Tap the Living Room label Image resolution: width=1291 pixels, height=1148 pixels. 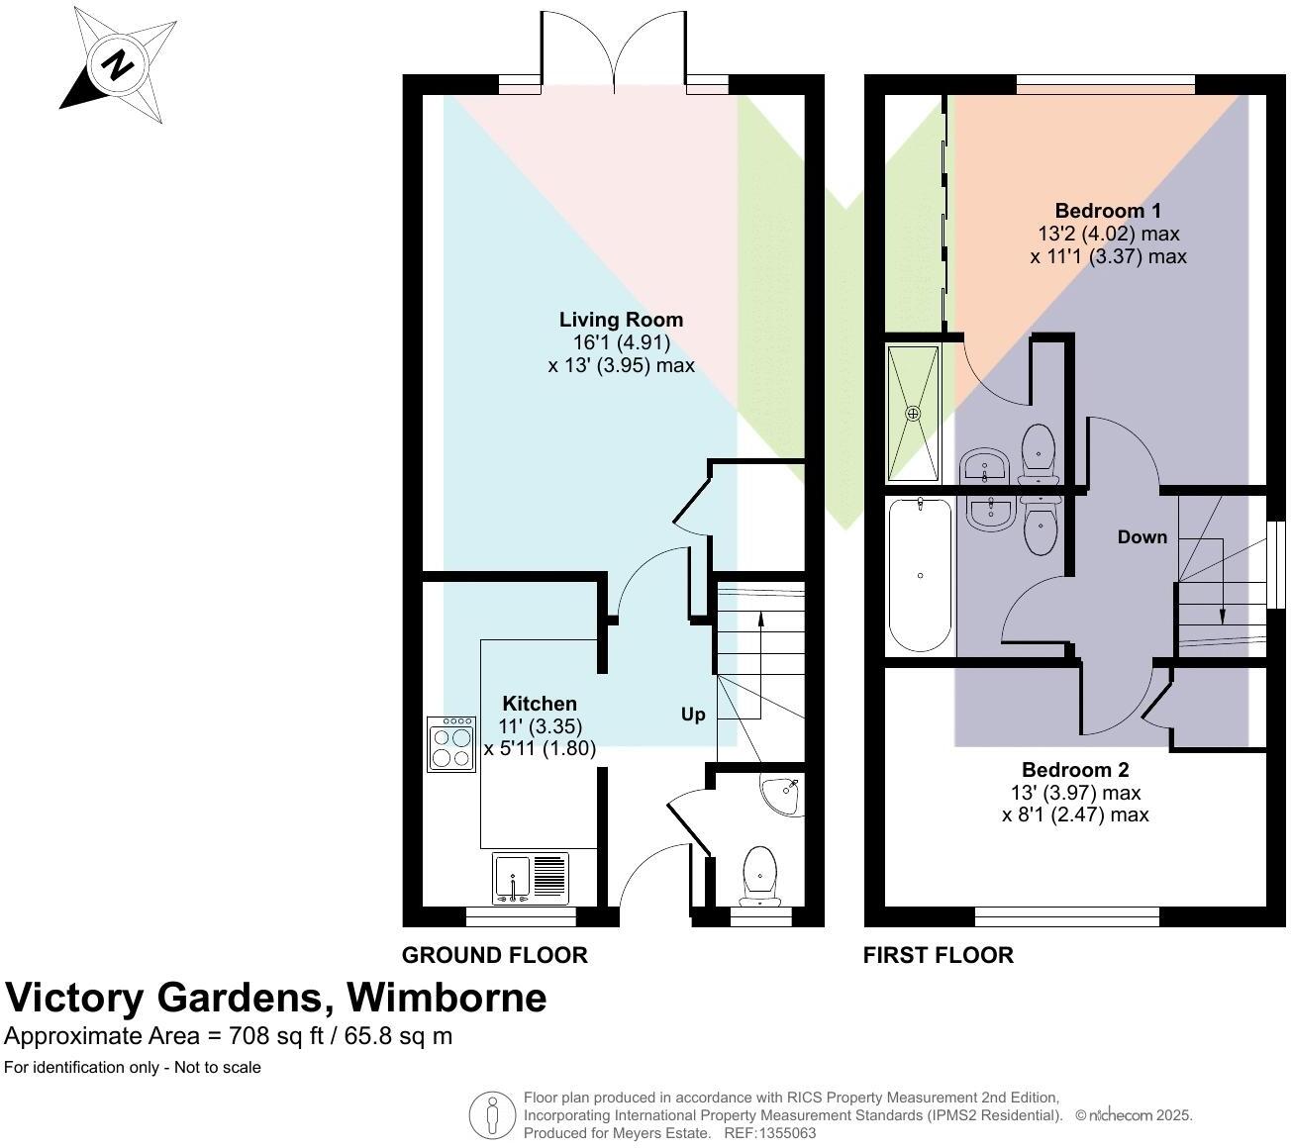pyautogui.click(x=621, y=320)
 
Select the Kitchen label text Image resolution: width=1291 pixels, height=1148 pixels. pyautogui.click(x=540, y=704)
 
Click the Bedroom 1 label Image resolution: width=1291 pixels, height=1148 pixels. pyautogui.click(x=1107, y=211)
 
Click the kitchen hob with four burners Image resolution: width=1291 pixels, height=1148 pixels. pyautogui.click(x=450, y=744)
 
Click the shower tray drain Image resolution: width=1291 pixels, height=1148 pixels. pyautogui.click(x=914, y=413)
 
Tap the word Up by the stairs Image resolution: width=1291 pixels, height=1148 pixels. pyautogui.click(x=693, y=715)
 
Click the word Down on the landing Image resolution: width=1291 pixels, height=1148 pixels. pyautogui.click(x=1142, y=537)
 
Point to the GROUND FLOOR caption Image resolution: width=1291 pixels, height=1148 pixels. pyautogui.click(x=495, y=955)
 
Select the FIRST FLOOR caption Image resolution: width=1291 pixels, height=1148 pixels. pyautogui.click(x=939, y=955)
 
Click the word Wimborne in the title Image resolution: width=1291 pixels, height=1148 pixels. pyautogui.click(x=446, y=998)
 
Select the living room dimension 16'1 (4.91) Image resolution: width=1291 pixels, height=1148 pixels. pyautogui.click(x=621, y=342)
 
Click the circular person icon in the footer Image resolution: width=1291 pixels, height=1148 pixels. pyautogui.click(x=492, y=1115)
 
